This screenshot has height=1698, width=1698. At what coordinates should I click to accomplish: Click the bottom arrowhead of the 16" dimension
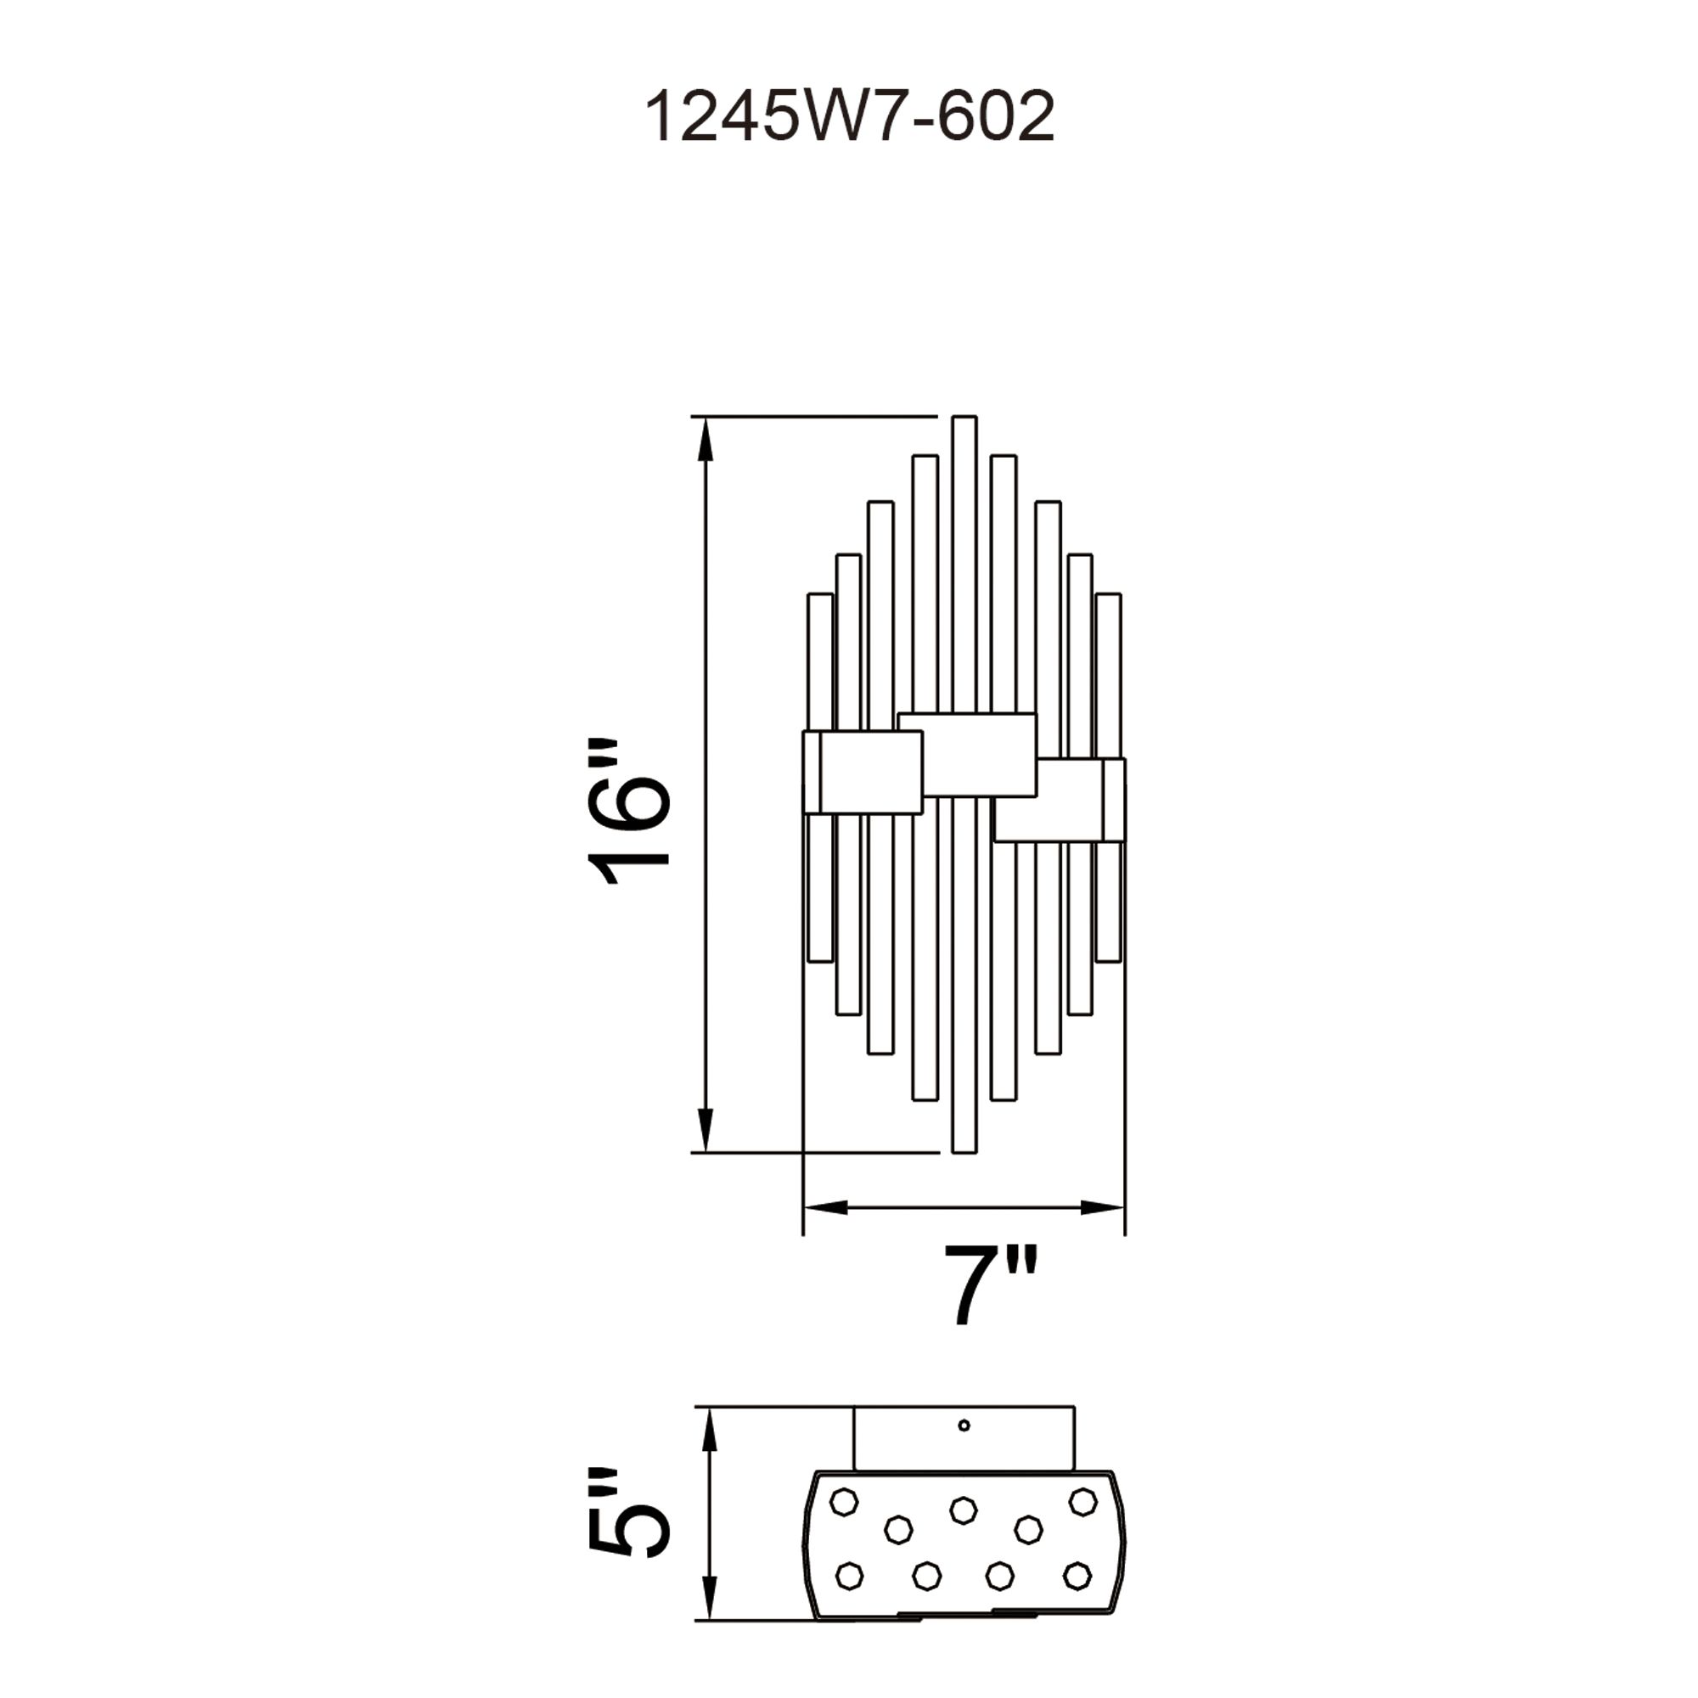(704, 1130)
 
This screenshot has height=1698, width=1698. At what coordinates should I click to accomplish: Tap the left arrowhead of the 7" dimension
(824, 1207)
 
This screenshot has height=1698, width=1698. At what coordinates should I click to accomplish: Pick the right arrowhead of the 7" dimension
(1103, 1207)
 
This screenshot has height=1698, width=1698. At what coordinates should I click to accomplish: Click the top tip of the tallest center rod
(964, 417)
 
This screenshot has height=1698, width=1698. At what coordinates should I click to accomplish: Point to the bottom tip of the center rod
(964, 1151)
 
